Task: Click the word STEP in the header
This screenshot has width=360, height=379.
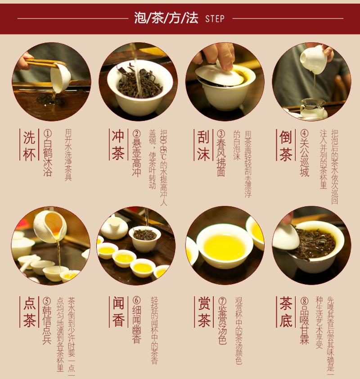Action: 215,19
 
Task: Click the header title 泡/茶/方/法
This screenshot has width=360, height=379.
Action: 166,18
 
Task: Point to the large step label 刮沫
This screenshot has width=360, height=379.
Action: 203,145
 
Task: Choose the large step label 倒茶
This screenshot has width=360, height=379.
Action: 286,145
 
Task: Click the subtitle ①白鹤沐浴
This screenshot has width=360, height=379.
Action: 48,153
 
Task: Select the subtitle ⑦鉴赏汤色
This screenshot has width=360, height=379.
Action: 222,321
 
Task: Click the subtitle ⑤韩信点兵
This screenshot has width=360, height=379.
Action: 47,321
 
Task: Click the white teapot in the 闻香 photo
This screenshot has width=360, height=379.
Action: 113,228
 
